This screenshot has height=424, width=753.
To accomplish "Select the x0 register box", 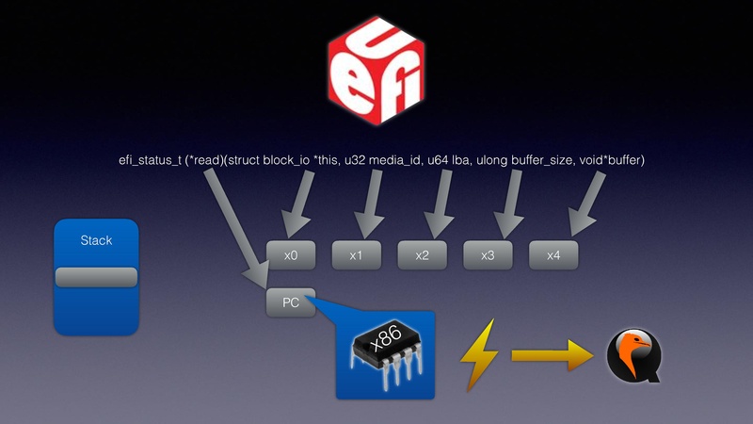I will [291, 254].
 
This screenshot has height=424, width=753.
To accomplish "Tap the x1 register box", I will [356, 254].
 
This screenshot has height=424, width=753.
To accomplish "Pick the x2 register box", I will [422, 254].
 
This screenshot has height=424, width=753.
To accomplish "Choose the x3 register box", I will [488, 254].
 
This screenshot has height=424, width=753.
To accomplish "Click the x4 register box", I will [553, 254].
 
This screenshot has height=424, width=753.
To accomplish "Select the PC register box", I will [291, 302].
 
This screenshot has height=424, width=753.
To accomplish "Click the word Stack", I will [96, 240].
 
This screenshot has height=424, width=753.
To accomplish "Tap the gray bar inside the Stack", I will [96, 276].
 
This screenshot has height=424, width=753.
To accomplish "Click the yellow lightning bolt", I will [479, 356].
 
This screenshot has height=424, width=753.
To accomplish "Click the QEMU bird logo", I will [633, 356].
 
